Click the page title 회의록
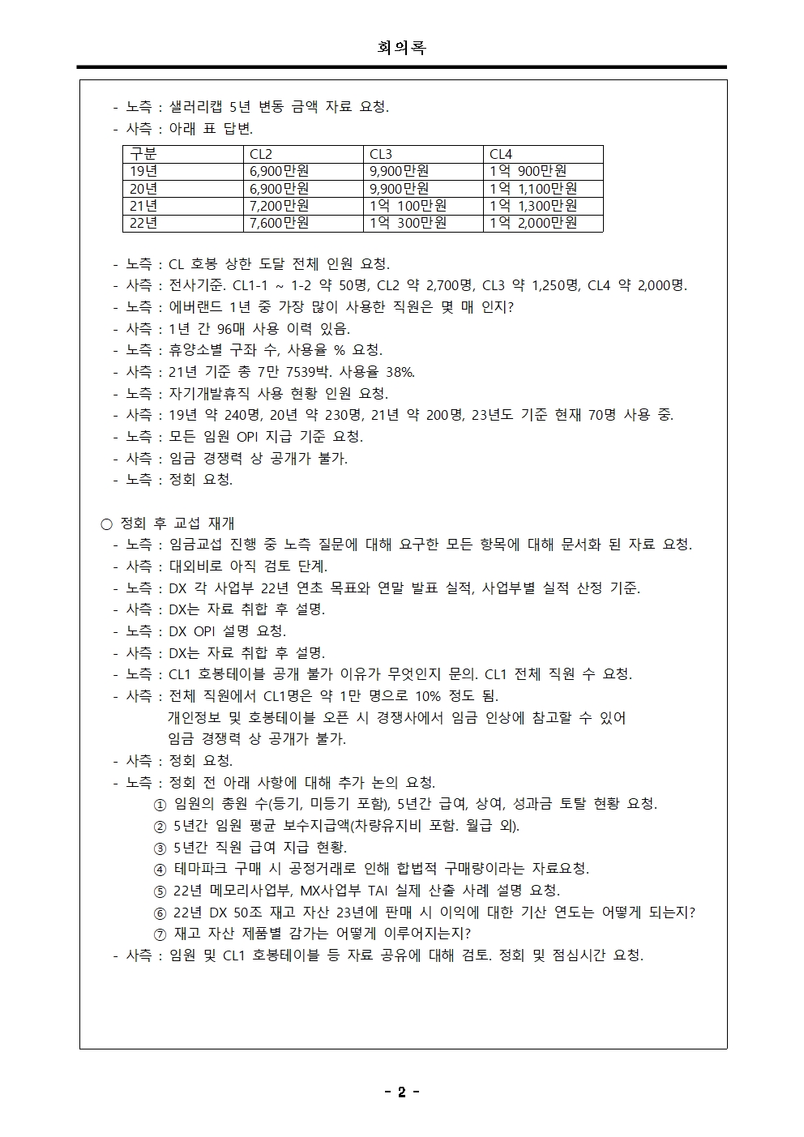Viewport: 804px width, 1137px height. point(401,48)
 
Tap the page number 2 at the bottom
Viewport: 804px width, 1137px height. point(401,1092)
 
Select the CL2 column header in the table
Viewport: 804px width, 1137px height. point(261,154)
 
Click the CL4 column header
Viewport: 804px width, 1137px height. point(501,154)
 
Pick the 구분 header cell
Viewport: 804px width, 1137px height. point(143,154)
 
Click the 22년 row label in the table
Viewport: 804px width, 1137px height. point(143,223)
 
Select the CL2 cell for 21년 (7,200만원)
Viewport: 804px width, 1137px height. point(279,206)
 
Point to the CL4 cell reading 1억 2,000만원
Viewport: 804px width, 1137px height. point(533,223)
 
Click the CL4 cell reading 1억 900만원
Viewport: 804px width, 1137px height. point(528,171)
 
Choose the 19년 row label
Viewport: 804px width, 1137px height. point(143,171)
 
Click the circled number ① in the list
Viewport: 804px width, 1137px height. point(160,804)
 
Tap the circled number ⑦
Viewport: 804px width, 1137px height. point(160,934)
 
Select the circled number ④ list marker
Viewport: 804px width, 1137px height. point(160,869)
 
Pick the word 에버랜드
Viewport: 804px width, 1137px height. point(195,307)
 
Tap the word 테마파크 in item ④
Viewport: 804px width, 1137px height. point(203,869)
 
